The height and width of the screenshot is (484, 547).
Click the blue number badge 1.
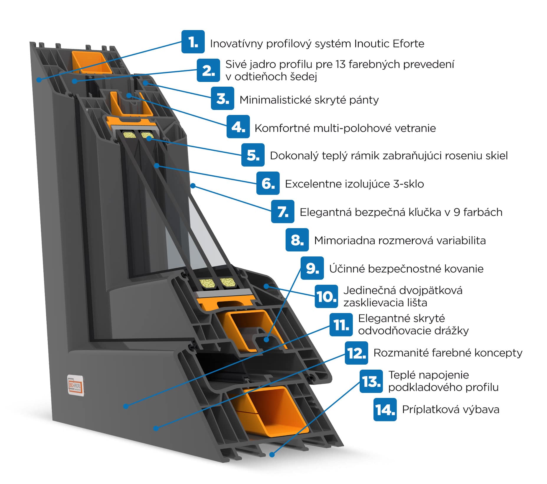(x=193, y=42)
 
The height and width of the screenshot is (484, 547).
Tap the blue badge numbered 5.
(x=253, y=155)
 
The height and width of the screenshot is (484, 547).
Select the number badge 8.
(x=297, y=240)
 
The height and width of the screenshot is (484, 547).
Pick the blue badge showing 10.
(x=326, y=296)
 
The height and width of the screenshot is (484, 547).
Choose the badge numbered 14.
(x=385, y=409)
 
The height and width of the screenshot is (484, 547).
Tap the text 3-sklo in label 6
(x=408, y=184)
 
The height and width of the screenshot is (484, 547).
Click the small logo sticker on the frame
(x=76, y=385)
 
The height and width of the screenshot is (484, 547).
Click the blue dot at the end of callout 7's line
(x=193, y=185)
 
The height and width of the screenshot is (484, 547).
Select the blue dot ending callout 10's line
(x=266, y=286)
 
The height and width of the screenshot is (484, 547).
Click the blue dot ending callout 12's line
(x=156, y=428)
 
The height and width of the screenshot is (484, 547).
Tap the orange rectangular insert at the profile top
(x=91, y=63)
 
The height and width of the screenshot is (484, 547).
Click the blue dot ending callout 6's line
(x=157, y=166)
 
